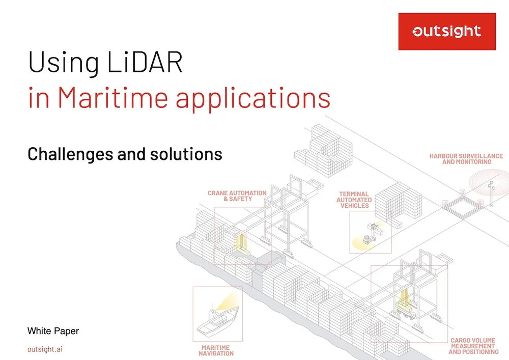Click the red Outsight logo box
[447, 32]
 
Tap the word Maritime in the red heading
[112, 97]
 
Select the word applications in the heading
[253, 99]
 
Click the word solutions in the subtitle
[186, 154]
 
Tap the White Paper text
[53, 331]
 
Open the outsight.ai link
[45, 349]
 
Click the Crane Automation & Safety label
[237, 196]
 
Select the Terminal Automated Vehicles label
[354, 200]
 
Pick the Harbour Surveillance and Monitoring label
[466, 159]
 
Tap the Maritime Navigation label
[216, 351]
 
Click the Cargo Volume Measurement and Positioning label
[473, 346]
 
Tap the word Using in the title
[64, 62]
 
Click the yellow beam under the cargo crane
[404, 298]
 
